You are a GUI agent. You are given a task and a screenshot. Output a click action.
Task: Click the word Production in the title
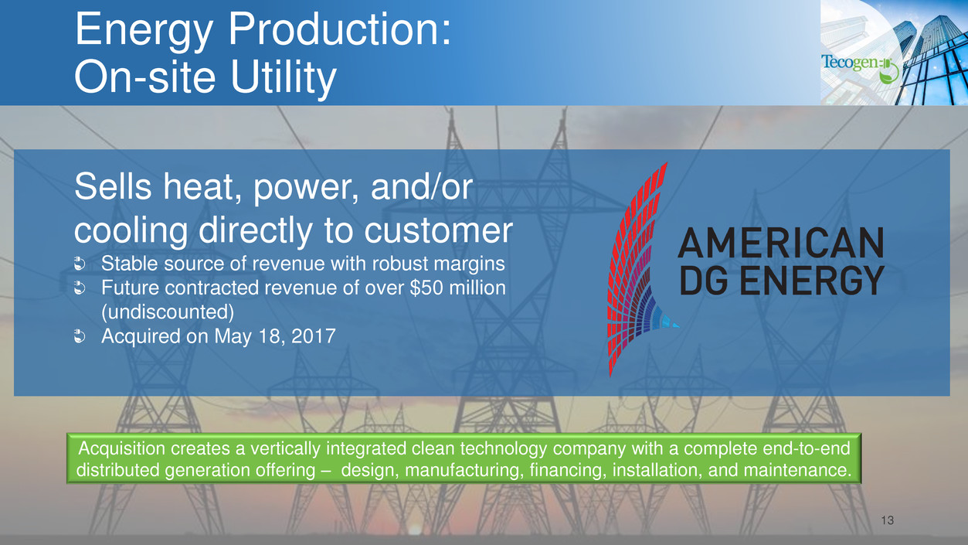tap(339, 29)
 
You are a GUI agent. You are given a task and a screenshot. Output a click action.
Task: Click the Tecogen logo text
tap(851, 63)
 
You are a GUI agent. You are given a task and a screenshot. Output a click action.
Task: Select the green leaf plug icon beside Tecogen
tap(889, 72)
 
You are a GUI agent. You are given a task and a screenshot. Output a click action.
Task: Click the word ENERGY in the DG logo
tap(812, 280)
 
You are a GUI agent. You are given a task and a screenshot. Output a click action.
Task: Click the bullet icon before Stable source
tap(79, 264)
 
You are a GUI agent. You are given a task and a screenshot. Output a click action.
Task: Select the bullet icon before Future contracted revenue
tap(79, 288)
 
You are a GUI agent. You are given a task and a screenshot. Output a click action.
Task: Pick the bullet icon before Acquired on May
tap(79, 336)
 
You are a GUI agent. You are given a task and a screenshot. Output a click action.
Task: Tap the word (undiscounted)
tap(167, 312)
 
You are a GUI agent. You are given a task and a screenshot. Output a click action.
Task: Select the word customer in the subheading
tap(438, 230)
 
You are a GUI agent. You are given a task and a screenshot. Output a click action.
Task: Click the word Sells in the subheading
tap(113, 186)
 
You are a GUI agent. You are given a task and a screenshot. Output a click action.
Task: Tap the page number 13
tap(887, 520)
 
